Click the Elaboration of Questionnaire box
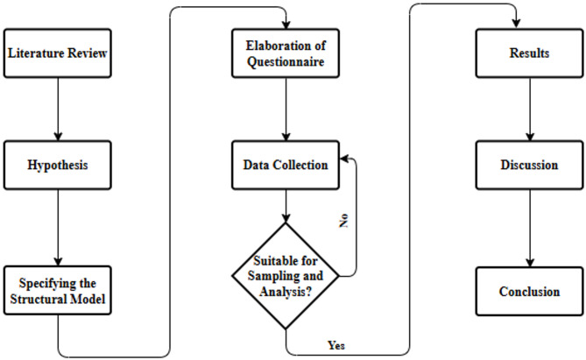[x=286, y=54]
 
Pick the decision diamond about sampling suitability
[x=286, y=276]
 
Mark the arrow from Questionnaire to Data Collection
[x=286, y=109]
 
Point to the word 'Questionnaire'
[x=286, y=62]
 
